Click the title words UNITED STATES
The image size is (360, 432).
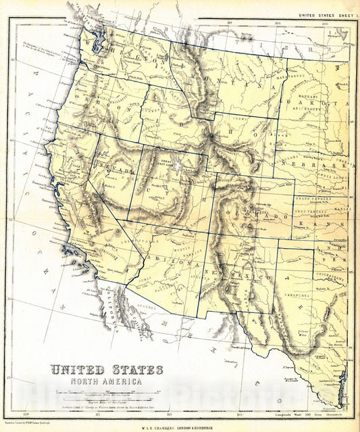(x=106, y=370)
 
